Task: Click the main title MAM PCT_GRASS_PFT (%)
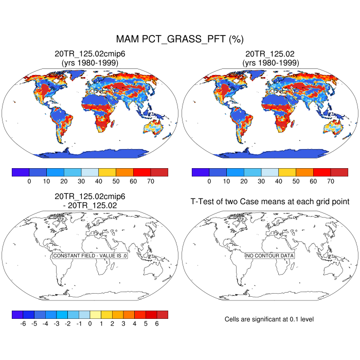click(x=179, y=39)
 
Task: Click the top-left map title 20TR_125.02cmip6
click(x=90, y=53)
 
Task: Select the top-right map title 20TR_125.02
click(x=270, y=53)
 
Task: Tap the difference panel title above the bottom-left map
click(x=90, y=201)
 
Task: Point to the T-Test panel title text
click(x=270, y=202)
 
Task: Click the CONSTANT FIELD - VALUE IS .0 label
click(x=90, y=256)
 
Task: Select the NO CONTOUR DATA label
click(x=270, y=256)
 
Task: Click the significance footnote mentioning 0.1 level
click(x=269, y=319)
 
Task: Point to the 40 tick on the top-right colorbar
click(x=278, y=182)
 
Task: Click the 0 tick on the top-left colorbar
click(x=29, y=182)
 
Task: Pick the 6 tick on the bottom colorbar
click(x=157, y=324)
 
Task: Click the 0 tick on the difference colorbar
click(x=90, y=324)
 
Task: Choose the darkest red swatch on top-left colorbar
click(x=159, y=172)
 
